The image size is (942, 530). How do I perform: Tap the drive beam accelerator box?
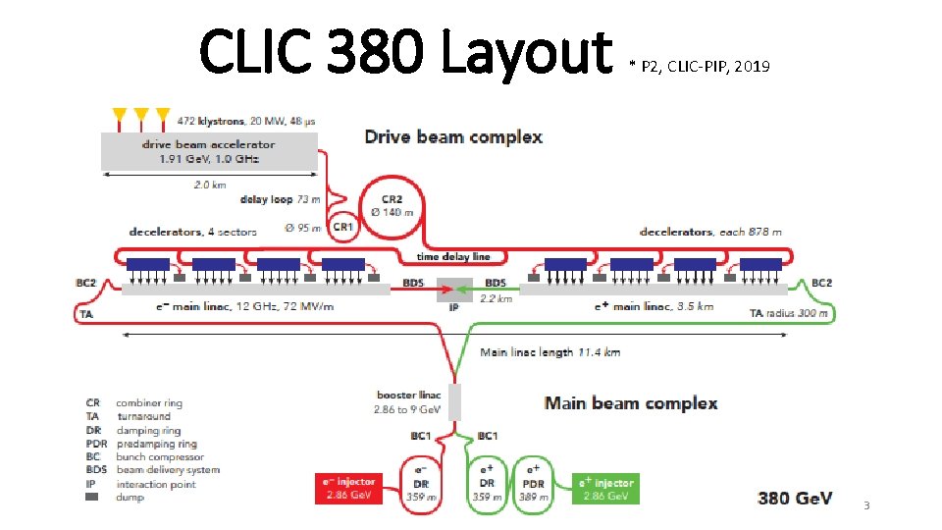[209, 151]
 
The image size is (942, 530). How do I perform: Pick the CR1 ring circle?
[342, 227]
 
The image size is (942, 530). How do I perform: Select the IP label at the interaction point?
[454, 307]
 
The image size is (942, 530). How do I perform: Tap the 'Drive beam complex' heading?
[453, 136]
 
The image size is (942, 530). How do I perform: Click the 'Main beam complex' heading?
[631, 402]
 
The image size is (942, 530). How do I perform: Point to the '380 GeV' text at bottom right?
[794, 499]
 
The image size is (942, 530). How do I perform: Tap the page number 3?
[866, 505]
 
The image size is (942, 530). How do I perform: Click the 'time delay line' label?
[453, 256]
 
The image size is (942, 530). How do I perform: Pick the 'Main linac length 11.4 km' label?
[549, 351]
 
